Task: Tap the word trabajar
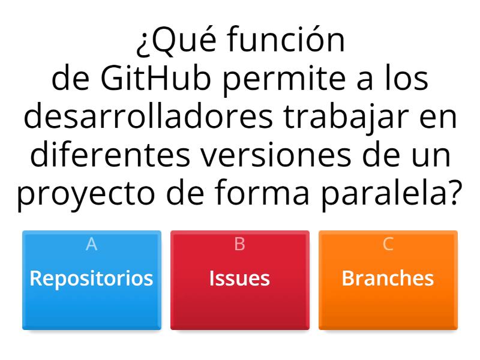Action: pos(347,118)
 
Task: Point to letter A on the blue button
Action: pos(91,244)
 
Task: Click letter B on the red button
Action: pos(239,244)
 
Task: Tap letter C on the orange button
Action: pos(388,244)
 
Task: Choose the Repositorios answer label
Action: pos(91,278)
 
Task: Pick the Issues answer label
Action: pos(239,278)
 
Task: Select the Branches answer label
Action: pos(388,278)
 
